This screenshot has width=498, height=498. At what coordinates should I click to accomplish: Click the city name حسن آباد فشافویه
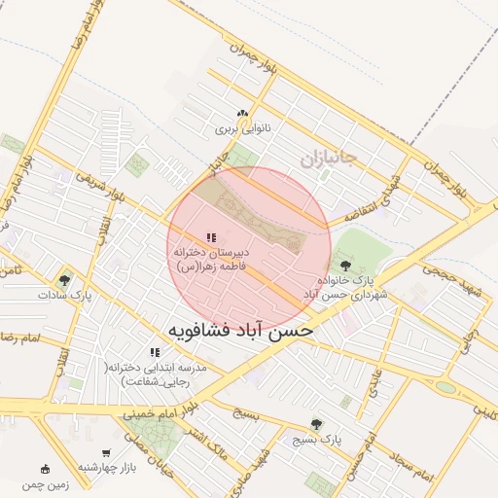pyautogui.click(x=241, y=331)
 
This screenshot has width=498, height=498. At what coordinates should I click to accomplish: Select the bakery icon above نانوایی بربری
pyautogui.click(x=255, y=114)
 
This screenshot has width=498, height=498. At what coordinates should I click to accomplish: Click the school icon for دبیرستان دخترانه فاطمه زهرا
pyautogui.click(x=211, y=237)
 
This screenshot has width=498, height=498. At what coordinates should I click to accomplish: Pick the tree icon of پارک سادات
pyautogui.click(x=63, y=280)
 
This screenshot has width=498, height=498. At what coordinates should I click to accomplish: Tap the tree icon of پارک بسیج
pyautogui.click(x=315, y=424)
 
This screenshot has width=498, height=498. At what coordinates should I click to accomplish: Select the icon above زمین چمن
pyautogui.click(x=46, y=469)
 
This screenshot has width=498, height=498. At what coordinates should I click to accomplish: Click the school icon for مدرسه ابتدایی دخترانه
pyautogui.click(x=154, y=352)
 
